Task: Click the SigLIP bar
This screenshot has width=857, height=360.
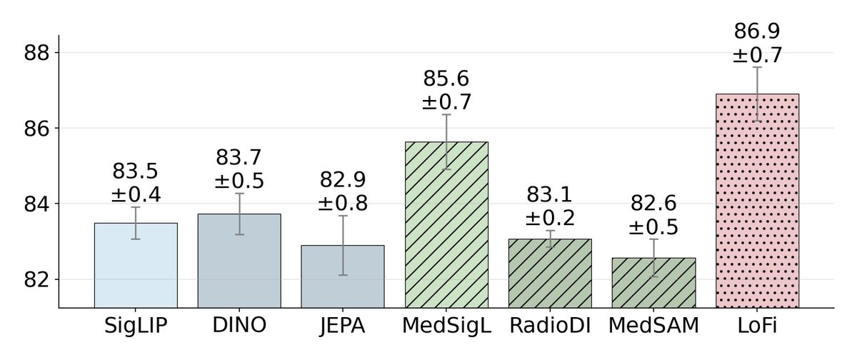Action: [136, 266]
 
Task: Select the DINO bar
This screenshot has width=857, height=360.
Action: [239, 261]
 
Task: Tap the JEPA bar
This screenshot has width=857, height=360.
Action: [342, 276]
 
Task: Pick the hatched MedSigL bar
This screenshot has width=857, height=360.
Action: [446, 225]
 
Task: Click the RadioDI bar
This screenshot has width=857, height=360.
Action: [550, 274]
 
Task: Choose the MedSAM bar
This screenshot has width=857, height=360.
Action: [653, 283]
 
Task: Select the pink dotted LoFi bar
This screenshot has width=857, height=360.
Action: [757, 201]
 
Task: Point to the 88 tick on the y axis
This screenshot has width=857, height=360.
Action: [37, 53]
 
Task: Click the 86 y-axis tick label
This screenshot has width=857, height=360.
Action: [37, 129]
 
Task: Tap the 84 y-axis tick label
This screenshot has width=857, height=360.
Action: [37, 204]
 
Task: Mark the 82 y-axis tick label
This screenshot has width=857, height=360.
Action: [37, 280]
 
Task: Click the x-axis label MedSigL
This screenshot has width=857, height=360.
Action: [446, 326]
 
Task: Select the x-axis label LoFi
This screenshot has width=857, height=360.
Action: [757, 326]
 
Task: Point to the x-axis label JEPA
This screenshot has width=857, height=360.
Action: [342, 326]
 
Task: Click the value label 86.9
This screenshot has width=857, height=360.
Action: [757, 31]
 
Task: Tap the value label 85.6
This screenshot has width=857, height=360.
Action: [446, 79]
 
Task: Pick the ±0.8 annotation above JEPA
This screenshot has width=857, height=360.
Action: [343, 203]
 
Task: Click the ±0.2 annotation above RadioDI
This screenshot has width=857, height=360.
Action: [550, 218]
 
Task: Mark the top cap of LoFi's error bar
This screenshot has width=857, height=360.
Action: [757, 67]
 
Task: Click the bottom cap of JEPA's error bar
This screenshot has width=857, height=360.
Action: [343, 275]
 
